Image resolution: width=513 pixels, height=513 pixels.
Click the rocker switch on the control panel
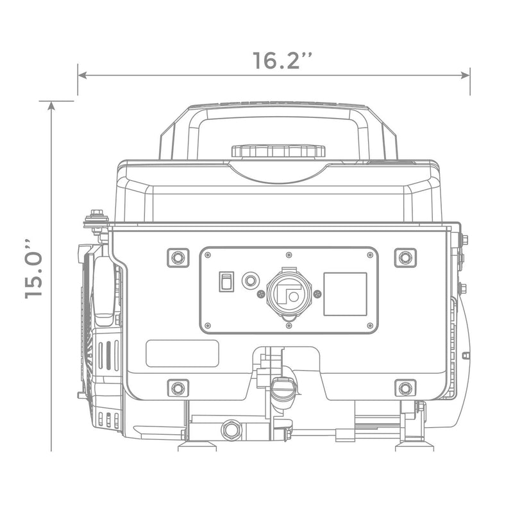point(226,282)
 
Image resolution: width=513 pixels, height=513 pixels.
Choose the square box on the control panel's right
point(345,294)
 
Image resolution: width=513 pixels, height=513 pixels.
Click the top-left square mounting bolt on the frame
point(178,257)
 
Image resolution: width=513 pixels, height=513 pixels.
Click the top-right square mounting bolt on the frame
point(405,257)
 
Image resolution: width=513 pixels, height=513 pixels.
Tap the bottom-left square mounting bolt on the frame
point(178,387)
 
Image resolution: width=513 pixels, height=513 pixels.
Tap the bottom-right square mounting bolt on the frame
point(405,387)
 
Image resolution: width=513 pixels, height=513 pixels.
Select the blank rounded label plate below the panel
point(182,353)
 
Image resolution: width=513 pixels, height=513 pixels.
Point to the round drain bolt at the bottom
point(231,429)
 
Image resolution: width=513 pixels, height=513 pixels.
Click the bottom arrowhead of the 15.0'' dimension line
point(51,447)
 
